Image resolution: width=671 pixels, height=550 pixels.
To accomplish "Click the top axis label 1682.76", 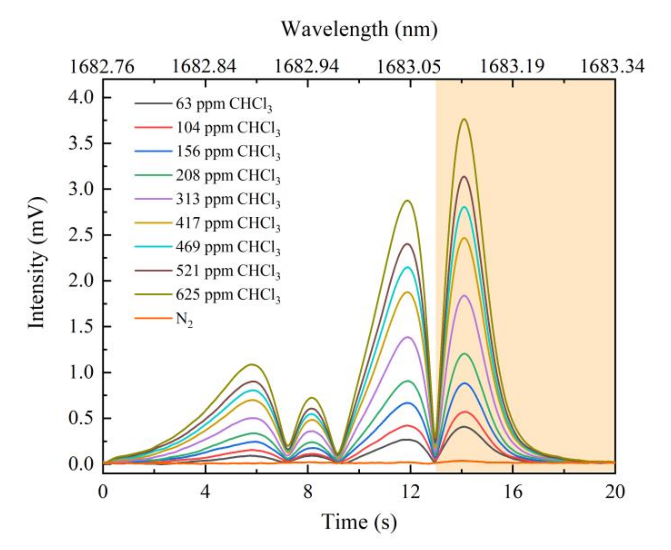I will (102, 67).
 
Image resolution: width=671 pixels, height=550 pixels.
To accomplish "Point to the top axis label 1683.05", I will (410, 67).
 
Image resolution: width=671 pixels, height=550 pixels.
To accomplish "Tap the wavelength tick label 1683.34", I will (613, 67).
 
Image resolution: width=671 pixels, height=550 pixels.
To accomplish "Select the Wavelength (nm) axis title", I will (359, 29).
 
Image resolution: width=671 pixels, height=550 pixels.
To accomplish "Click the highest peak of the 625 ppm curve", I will (464, 119).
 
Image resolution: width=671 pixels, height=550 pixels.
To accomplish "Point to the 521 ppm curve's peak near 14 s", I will (464, 176).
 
